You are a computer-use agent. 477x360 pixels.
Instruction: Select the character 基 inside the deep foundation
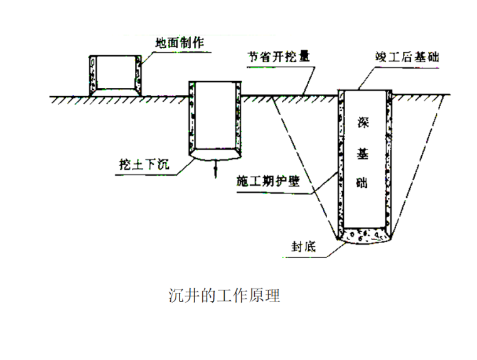click(366, 153)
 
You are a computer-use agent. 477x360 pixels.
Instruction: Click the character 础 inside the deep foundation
click(366, 184)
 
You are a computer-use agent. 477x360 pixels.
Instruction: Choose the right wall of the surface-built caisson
click(138, 74)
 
